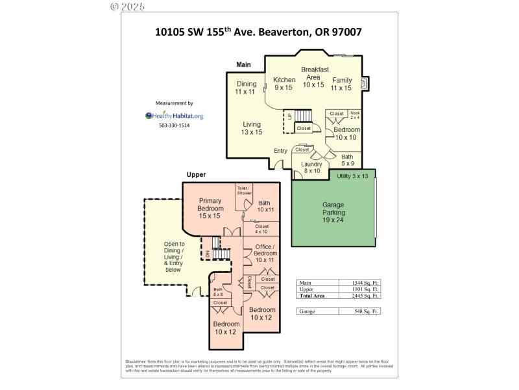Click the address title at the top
(x=259, y=31)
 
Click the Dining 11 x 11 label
(x=246, y=88)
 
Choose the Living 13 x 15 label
(x=252, y=128)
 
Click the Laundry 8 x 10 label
(x=311, y=168)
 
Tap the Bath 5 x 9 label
(x=348, y=160)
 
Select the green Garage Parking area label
(x=333, y=212)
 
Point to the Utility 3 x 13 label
(x=352, y=176)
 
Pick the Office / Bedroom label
(x=265, y=253)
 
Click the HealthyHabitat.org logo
(x=174, y=116)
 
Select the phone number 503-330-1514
(x=174, y=125)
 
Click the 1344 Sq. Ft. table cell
(x=360, y=283)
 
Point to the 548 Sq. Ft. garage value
(x=360, y=311)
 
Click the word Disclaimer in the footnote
(x=136, y=361)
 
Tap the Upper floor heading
(x=196, y=175)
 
